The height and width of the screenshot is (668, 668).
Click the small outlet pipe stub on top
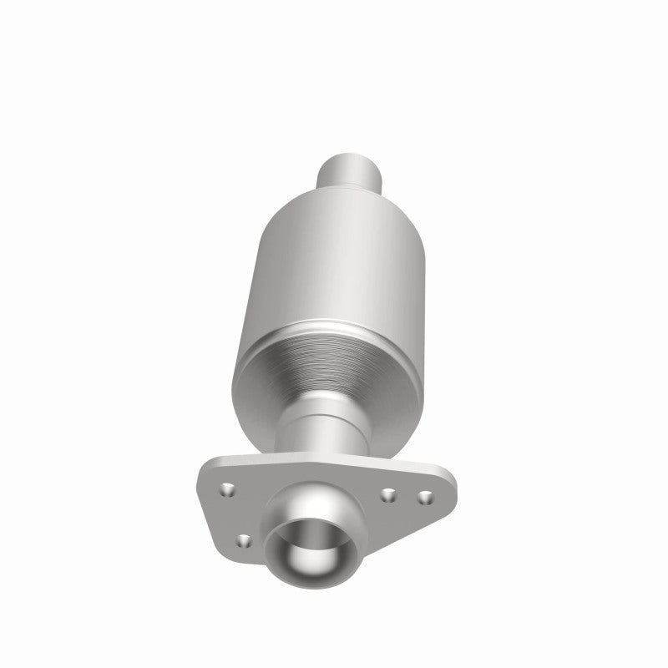click(351, 172)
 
